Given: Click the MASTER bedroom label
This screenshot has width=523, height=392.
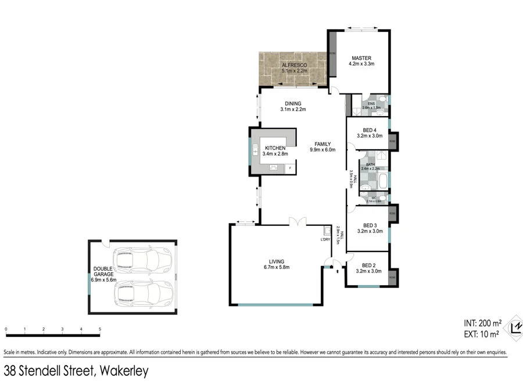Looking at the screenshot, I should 361,57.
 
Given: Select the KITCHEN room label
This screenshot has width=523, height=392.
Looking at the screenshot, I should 275,148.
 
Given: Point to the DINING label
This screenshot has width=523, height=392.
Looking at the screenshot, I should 293,103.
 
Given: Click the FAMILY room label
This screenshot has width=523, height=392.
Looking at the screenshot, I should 323,144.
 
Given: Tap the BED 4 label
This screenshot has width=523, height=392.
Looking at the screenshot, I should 369,130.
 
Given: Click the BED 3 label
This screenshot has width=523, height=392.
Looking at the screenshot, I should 369,225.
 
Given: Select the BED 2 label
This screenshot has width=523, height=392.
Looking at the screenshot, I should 369,264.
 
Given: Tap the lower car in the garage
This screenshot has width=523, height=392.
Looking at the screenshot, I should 143,294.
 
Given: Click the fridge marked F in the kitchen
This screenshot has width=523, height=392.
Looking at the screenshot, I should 290,168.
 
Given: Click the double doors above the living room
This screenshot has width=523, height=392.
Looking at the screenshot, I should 297,221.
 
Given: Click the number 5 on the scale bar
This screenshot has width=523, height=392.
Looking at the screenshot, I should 100,330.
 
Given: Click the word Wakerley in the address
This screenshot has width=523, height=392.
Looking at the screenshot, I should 124,371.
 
